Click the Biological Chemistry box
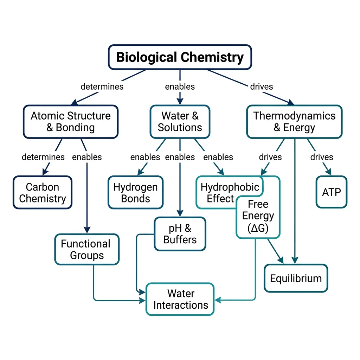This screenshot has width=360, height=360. click(180, 57)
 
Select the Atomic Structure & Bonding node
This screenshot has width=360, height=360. click(71, 121)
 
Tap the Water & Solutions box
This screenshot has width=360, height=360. click(180, 121)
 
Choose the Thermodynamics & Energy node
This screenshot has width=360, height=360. click(294, 121)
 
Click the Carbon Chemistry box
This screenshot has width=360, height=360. click(43, 193)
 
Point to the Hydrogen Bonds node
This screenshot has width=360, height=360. click(135, 193)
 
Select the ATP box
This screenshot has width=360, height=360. click(331, 192)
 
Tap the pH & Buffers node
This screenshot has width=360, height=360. click(180, 234)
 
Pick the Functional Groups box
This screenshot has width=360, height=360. click(86, 249)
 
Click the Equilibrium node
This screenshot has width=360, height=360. click(296, 278)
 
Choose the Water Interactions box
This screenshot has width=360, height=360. click(180, 299)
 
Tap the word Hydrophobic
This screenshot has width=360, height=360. click(230, 187)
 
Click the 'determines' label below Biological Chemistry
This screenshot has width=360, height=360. click(102, 86)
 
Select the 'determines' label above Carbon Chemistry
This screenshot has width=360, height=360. click(43, 157)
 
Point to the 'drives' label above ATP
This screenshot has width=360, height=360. click(321, 157)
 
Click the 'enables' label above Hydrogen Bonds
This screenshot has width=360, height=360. click(145, 157)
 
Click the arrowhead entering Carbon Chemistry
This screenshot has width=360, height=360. click(45, 173)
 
